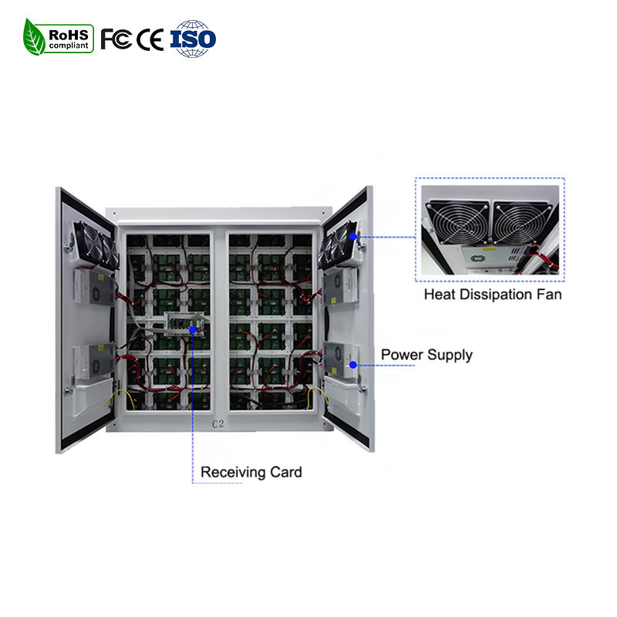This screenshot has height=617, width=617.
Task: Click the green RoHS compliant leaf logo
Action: pos(58,36)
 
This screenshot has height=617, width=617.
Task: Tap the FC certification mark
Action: pos(116,39)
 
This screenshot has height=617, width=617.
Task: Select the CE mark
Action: pos(150,39)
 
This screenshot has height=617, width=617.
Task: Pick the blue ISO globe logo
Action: pos(193,39)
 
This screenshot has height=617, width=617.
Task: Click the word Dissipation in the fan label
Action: pos(493,294)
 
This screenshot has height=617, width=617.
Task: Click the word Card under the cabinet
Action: pos(285,471)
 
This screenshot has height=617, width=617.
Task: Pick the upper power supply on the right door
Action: pos(338,287)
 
